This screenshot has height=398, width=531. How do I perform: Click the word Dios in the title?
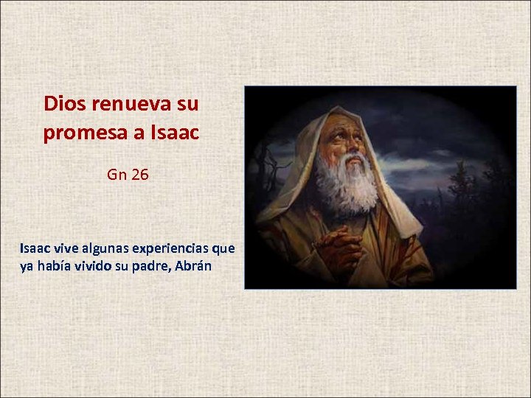(63, 104)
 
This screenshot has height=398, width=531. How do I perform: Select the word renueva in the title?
(130, 104)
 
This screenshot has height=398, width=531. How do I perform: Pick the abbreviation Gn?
(117, 175)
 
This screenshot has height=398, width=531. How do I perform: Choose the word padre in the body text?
(152, 266)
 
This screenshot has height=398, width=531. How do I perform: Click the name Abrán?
(194, 266)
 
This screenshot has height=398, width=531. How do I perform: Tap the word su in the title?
(187, 104)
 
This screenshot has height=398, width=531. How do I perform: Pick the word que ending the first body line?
(223, 248)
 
